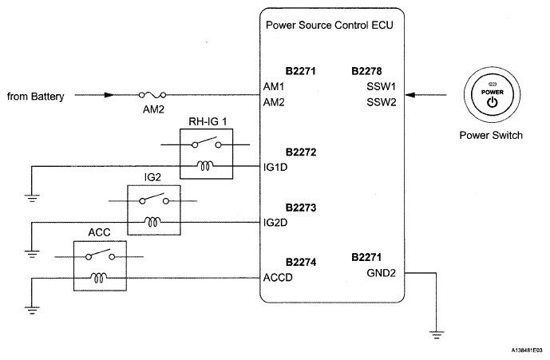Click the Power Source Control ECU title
(330, 26)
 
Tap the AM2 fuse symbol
(152, 95)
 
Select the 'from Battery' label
(36, 97)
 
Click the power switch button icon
(492, 96)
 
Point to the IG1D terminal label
(275, 168)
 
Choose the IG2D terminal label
(275, 223)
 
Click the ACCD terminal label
(278, 278)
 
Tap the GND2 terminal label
(382, 273)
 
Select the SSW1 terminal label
(382, 87)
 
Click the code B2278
(366, 71)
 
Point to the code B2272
(301, 152)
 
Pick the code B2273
(301, 208)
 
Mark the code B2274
(301, 263)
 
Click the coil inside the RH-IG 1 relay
(205, 165)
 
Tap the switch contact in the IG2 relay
(154, 199)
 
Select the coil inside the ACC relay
(99, 278)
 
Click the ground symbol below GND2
(437, 334)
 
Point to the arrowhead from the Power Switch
(410, 95)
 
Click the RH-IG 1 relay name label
(208, 122)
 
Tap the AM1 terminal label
(274, 87)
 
